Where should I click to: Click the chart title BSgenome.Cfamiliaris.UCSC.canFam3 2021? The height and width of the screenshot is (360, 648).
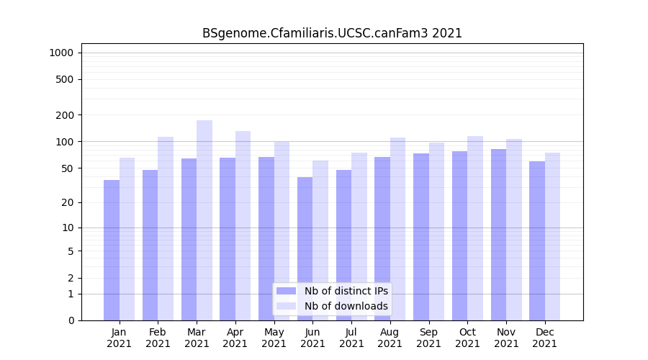[x=332, y=33]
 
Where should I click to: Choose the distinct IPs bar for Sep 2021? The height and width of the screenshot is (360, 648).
[x=421, y=237]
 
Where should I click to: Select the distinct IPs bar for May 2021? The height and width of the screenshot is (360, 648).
[x=266, y=238]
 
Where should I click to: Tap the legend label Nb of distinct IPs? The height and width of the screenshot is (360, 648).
[x=346, y=291]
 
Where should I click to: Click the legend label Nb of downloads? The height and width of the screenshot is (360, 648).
[x=346, y=306]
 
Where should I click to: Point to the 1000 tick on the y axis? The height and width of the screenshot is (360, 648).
[x=61, y=53]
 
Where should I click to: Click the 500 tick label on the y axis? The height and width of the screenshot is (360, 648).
[x=65, y=79]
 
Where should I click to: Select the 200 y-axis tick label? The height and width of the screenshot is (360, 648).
[x=65, y=115]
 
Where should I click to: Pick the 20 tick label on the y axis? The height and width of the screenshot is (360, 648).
[x=68, y=202]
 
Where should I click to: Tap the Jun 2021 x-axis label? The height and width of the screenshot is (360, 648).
[x=312, y=338]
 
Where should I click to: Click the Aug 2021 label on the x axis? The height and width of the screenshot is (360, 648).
[x=390, y=338]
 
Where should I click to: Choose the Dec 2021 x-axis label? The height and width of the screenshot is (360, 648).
[x=545, y=338]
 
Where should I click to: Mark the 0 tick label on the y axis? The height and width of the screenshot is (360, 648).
[x=71, y=320]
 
